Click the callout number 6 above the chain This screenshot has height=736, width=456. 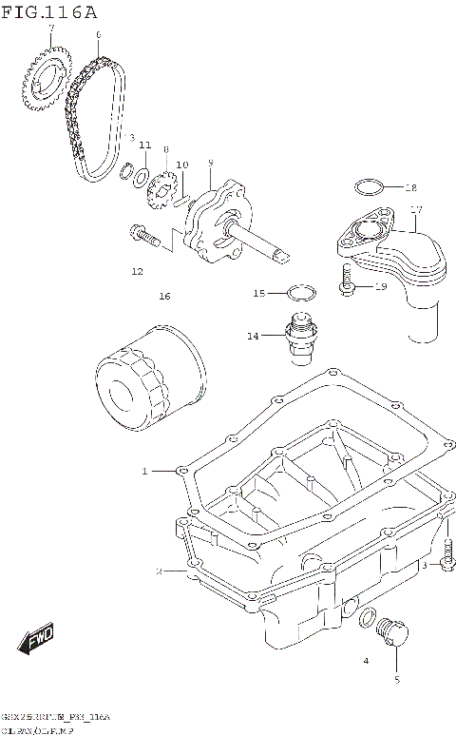[97, 34]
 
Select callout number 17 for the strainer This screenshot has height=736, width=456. [415, 209]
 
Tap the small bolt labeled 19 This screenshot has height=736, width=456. [347, 280]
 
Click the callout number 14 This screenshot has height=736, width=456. [253, 336]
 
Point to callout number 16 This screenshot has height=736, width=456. [164, 297]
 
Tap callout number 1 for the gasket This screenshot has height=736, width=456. [145, 471]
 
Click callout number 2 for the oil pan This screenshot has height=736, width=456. [160, 571]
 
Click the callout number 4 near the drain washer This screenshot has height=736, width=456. [365, 661]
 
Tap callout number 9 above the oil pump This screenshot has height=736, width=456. [209, 163]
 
